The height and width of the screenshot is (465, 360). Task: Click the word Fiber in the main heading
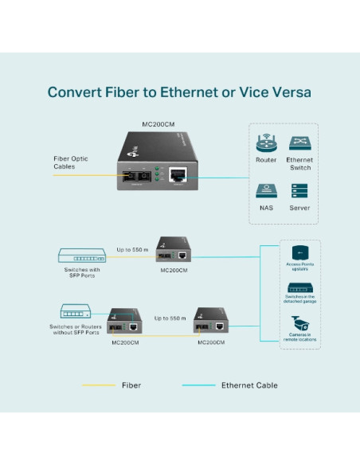126,92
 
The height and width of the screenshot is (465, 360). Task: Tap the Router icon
266,144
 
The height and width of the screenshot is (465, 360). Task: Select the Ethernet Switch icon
299,144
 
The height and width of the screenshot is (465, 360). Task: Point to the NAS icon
266,191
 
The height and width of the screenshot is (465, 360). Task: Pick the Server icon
299,191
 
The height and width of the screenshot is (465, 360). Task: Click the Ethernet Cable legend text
249,385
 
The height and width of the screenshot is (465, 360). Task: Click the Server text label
299,208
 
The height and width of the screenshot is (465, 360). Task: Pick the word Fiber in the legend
131,385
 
